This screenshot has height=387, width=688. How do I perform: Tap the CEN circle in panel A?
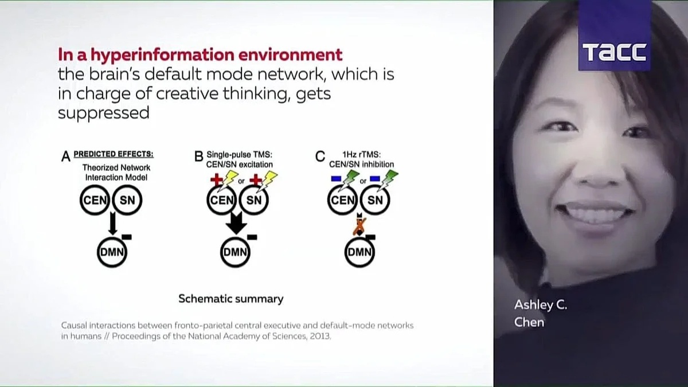click(x=94, y=201)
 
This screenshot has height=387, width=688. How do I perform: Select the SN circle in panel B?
click(x=253, y=201)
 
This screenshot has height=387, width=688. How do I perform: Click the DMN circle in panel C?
click(x=359, y=253)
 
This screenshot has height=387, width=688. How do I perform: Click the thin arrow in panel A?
click(x=112, y=223)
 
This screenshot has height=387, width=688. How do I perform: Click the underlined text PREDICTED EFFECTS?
click(x=114, y=154)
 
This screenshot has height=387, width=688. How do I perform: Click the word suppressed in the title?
click(x=103, y=112)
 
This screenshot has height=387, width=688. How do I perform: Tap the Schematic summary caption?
click(x=230, y=299)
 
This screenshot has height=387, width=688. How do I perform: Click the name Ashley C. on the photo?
click(x=540, y=305)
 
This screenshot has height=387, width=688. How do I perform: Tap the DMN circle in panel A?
click(x=112, y=253)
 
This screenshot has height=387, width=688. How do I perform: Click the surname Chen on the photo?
click(x=529, y=322)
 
